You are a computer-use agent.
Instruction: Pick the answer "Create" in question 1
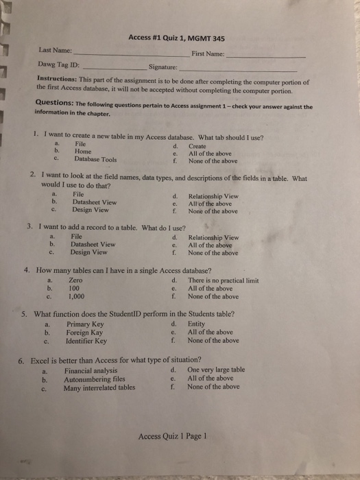tap(197, 146)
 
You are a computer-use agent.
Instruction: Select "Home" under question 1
tap(83, 152)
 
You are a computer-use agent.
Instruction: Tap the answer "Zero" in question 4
tap(76, 280)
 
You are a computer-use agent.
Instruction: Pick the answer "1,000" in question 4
tap(77, 296)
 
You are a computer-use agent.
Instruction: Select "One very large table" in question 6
tap(216, 370)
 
